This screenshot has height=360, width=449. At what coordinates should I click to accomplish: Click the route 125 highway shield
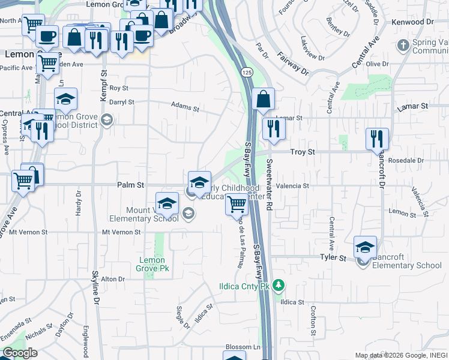[x=246, y=72]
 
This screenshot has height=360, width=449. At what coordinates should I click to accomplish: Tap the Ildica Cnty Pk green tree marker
[x=278, y=286]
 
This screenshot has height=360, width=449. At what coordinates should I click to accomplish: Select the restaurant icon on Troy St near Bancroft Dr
[x=377, y=139]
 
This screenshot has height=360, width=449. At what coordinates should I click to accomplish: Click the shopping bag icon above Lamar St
[x=264, y=99]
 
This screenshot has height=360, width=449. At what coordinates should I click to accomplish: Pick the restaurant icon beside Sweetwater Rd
[x=273, y=129]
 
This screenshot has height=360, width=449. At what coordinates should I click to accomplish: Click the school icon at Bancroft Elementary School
[x=364, y=246]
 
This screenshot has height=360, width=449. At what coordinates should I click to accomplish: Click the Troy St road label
[x=303, y=153]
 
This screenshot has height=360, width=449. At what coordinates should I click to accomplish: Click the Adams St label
[x=185, y=108]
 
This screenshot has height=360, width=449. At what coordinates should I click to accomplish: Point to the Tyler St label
[x=334, y=258]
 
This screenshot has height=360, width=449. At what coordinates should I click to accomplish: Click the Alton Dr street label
[x=113, y=279]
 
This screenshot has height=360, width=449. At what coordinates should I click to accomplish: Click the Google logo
[x=20, y=353]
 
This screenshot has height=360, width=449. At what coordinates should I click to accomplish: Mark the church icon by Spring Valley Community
[x=403, y=45]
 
